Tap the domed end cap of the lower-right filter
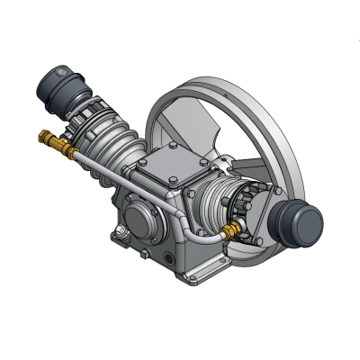point(310,226)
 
